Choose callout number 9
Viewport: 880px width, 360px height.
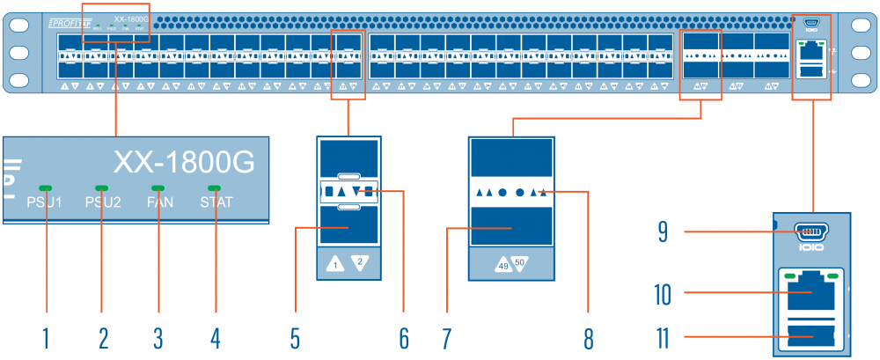(666, 232)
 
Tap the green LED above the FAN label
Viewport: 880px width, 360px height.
(158, 187)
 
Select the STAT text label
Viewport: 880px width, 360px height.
(216, 202)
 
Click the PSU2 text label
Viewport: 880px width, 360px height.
(102, 202)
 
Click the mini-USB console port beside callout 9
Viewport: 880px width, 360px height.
(811, 232)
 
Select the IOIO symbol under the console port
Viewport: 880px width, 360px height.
(811, 249)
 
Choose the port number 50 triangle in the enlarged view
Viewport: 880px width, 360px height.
(519, 262)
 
